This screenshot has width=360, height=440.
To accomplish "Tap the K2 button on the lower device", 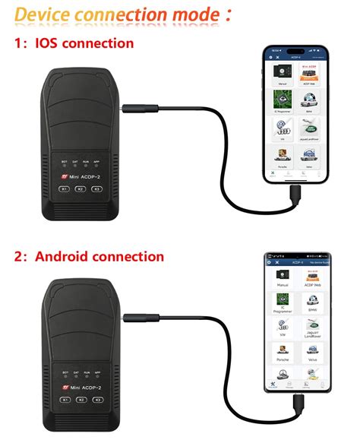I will point(81,399).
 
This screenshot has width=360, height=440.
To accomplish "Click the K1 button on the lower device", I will point(65,399).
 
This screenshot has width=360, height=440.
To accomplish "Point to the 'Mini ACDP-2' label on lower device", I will point(84,387).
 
